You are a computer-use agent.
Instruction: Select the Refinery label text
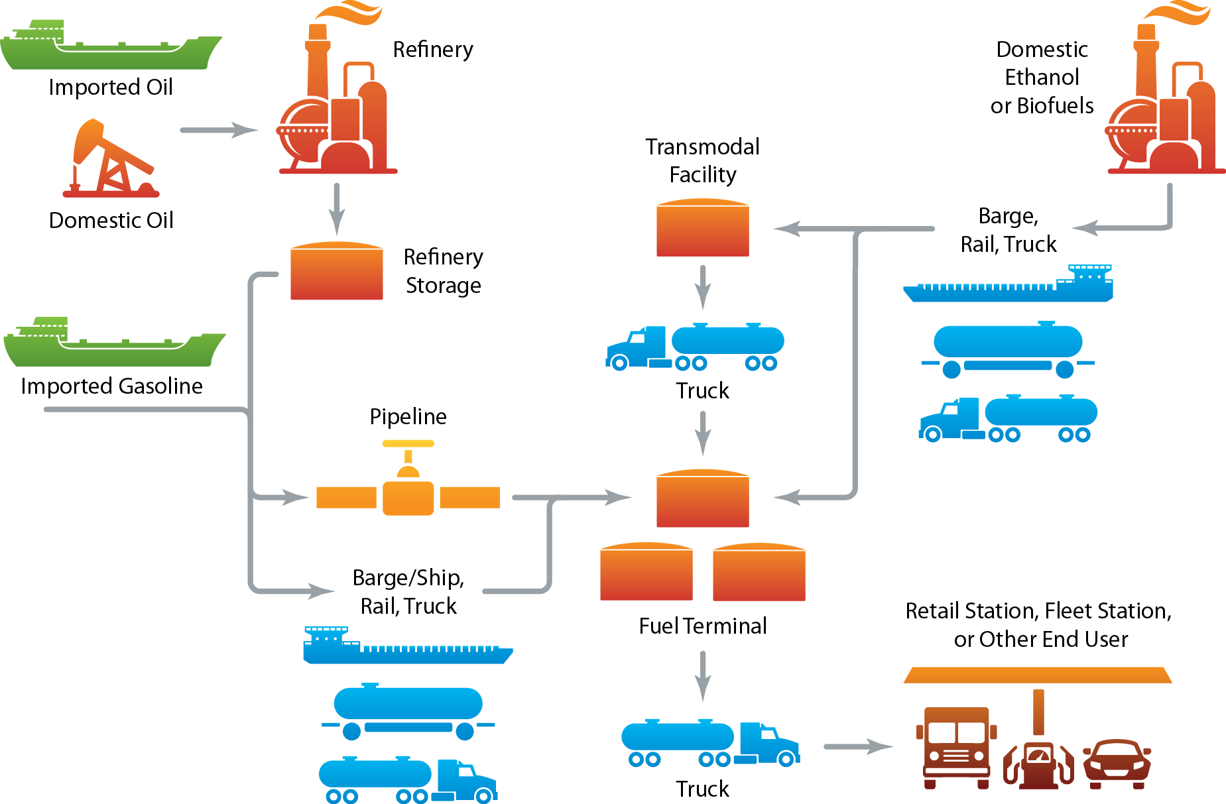tap(433, 50)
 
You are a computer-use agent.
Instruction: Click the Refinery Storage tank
tap(337, 272)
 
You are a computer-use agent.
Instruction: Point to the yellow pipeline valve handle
tap(408, 443)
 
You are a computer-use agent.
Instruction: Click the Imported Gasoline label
tap(111, 386)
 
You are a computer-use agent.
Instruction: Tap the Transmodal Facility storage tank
tap(703, 229)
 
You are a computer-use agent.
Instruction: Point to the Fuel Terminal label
tap(703, 626)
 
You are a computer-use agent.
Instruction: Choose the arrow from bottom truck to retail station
tap(858, 747)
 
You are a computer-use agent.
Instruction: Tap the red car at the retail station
tap(1117, 764)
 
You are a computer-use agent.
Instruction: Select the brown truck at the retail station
tap(956, 747)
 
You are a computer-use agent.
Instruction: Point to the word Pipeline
tap(408, 416)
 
